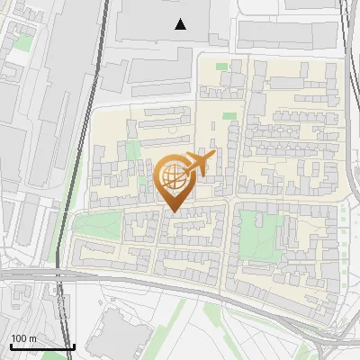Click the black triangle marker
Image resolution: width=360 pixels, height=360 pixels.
(x=181, y=24)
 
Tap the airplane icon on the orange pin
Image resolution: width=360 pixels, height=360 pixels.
(x=198, y=164)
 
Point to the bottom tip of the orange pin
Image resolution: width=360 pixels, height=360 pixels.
(x=173, y=212)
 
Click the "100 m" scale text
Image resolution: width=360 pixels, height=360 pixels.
(x=23, y=338)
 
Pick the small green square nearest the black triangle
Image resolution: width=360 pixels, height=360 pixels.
(x=221, y=66)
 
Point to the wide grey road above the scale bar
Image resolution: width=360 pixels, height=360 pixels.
(x=36, y=275)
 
